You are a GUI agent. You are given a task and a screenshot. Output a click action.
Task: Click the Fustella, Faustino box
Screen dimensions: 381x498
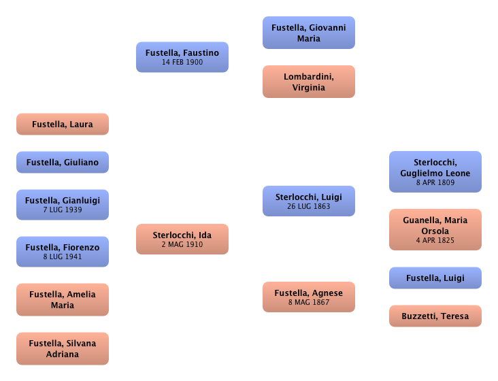tap(182, 56)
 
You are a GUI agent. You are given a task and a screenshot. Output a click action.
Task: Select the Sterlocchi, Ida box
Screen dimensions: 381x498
tap(182, 239)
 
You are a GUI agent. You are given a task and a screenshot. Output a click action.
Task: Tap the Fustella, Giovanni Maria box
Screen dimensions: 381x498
tap(309, 33)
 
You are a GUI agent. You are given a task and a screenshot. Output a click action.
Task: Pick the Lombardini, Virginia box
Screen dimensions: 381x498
tap(309, 82)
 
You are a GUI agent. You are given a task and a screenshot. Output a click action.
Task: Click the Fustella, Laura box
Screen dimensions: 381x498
tap(62, 125)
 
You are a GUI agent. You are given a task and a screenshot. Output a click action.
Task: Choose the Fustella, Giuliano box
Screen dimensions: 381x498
tap(62, 163)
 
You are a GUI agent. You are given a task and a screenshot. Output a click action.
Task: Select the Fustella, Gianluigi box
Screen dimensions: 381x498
tap(62, 205)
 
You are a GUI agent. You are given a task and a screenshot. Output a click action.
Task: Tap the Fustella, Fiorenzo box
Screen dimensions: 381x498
tap(62, 252)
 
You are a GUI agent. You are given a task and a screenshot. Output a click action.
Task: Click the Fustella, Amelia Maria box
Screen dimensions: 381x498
tap(62, 299)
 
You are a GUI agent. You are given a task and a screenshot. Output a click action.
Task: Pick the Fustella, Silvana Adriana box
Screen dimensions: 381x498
tap(62, 348)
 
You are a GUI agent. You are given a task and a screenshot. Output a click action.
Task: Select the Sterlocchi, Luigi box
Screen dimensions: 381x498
tap(309, 201)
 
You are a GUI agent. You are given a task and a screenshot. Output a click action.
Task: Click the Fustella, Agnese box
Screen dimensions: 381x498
tap(309, 297)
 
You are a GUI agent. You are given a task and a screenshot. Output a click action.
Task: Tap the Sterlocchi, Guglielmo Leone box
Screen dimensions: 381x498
tap(435, 172)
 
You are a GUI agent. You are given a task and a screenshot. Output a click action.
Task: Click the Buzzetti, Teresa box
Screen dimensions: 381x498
tap(435, 316)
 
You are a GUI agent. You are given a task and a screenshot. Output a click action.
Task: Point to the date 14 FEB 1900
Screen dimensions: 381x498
tap(182, 63)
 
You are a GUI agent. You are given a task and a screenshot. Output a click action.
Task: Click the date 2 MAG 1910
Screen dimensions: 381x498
tap(182, 245)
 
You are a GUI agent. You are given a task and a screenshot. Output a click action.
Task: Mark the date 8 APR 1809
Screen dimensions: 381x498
tap(435, 183)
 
